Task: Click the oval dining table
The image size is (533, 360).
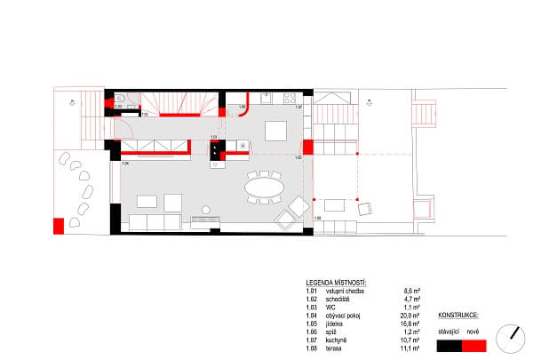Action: tap(262, 188)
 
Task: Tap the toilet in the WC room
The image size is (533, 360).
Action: tap(118, 98)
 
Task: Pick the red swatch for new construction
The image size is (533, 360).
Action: tap(475, 344)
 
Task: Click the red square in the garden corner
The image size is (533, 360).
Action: tap(60, 225)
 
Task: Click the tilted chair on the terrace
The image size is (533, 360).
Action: tap(363, 210)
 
